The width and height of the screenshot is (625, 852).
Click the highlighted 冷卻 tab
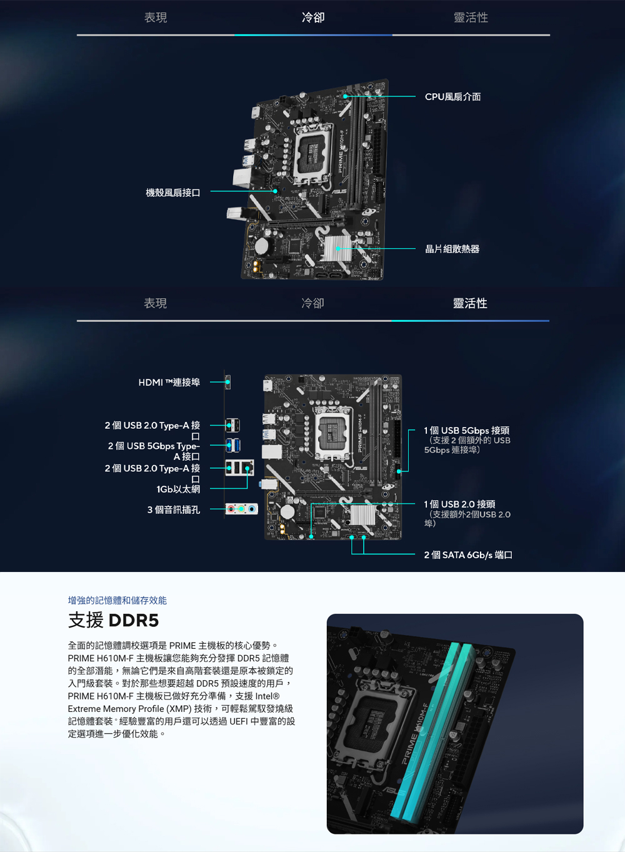[313, 18]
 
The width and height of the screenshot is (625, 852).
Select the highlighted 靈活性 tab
[470, 303]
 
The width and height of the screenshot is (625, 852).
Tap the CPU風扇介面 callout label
[452, 97]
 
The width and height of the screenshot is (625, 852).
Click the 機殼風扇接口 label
[173, 193]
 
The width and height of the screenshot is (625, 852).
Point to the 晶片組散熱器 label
[452, 249]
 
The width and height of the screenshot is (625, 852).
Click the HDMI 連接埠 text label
[169, 383]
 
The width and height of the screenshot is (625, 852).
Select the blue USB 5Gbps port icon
[232, 446]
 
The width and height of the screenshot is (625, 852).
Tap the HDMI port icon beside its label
[228, 382]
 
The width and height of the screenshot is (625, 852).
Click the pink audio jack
[231, 509]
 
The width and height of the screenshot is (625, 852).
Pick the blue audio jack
[251, 509]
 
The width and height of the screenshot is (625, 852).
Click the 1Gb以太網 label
[178, 489]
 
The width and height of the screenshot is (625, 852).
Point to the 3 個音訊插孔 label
[174, 509]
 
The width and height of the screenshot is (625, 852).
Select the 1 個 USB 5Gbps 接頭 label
[467, 430]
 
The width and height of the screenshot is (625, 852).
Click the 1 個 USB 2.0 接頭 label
[459, 504]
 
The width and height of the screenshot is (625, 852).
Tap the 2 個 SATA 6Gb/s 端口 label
[468, 555]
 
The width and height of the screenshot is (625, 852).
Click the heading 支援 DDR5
[113, 620]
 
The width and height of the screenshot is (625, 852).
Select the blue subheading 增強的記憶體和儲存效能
[117, 600]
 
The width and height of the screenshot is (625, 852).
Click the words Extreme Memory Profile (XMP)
[130, 709]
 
